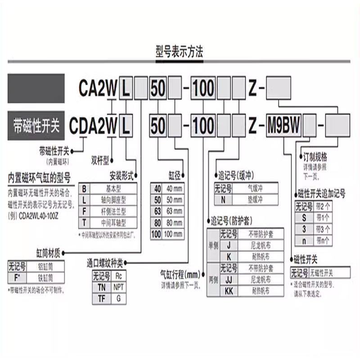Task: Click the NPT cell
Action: [118, 286]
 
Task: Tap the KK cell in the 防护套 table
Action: [229, 290]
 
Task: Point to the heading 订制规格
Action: [315, 158]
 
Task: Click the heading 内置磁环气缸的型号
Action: [39, 176]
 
